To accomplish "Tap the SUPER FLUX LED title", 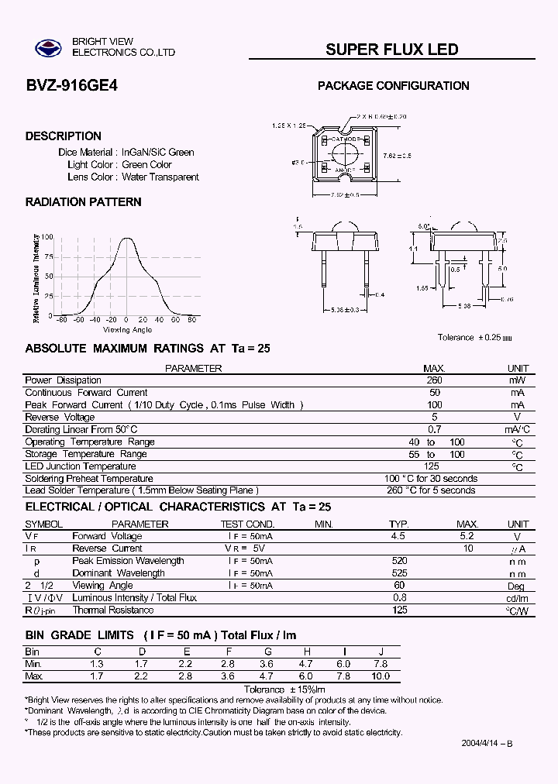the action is [391, 50].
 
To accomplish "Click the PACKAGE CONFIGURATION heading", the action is [394, 86].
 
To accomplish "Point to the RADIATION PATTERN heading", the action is [83, 202].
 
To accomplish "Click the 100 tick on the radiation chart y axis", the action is [48, 237].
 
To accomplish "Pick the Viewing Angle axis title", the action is [127, 330].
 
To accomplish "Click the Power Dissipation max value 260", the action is [434, 380].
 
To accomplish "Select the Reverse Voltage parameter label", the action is [60, 418].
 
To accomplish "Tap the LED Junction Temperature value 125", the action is [432, 466].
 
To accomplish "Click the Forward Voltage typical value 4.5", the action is [398, 536].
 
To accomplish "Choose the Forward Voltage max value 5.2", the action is [467, 536].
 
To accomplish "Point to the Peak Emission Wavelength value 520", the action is [399, 561].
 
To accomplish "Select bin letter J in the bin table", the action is [381, 652].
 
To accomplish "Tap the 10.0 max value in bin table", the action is [381, 676].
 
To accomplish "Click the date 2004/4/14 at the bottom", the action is [486, 744].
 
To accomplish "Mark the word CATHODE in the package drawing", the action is [343, 139].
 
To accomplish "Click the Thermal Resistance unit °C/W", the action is [517, 610].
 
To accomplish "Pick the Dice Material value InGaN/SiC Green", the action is [157, 153].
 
